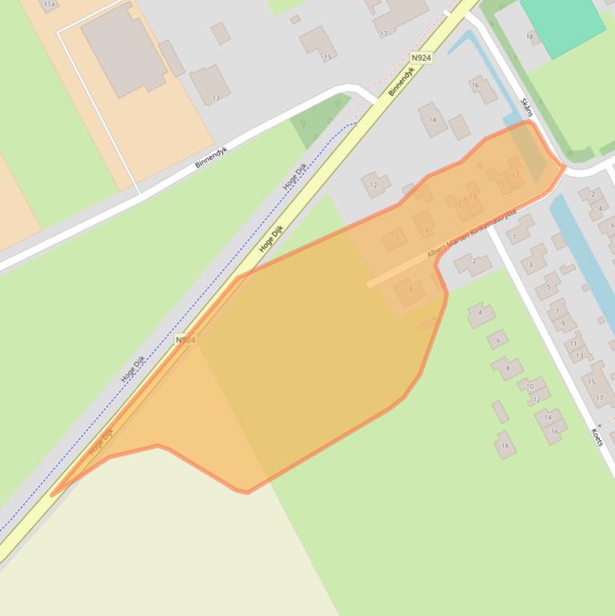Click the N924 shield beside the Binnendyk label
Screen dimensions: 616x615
pyautogui.click(x=421, y=58)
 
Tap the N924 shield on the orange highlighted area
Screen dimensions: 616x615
pyautogui.click(x=185, y=340)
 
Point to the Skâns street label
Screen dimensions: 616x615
pyautogui.click(x=526, y=107)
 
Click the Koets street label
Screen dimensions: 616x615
pyautogui.click(x=597, y=437)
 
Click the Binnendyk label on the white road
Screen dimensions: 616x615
pyautogui.click(x=211, y=157)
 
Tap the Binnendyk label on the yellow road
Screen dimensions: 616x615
pyautogui.click(x=401, y=81)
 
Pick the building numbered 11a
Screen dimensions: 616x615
pyautogui.click(x=50, y=4)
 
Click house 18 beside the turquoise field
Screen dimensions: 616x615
pyautogui.click(x=530, y=36)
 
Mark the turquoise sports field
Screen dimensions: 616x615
pyautogui.click(x=563, y=24)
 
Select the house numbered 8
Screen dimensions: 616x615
pyautogui.click(x=507, y=368)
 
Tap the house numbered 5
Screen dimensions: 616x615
pyautogui.click(x=548, y=286)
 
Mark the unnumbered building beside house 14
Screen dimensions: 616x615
pyautogui.click(x=459, y=126)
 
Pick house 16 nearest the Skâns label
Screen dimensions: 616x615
pyautogui.click(x=482, y=89)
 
